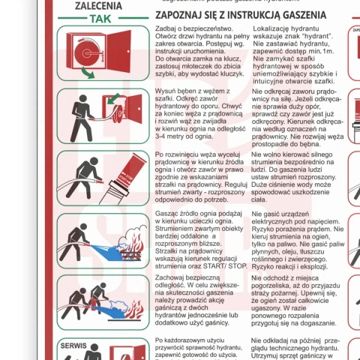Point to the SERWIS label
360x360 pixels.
pyautogui.click(x=75, y=346)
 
